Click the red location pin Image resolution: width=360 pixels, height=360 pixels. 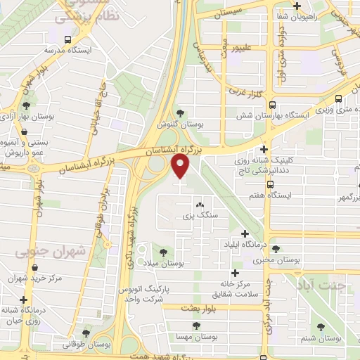(180, 166)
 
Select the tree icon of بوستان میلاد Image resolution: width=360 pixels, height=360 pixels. (163, 251)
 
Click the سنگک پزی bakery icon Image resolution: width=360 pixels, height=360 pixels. (190, 205)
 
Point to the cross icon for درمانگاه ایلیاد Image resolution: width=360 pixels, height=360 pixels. (244, 233)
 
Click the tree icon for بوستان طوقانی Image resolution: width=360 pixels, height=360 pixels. (86, 333)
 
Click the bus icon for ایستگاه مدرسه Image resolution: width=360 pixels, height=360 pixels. (67, 40)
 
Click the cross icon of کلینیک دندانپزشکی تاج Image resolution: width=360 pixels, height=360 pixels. (264, 150)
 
